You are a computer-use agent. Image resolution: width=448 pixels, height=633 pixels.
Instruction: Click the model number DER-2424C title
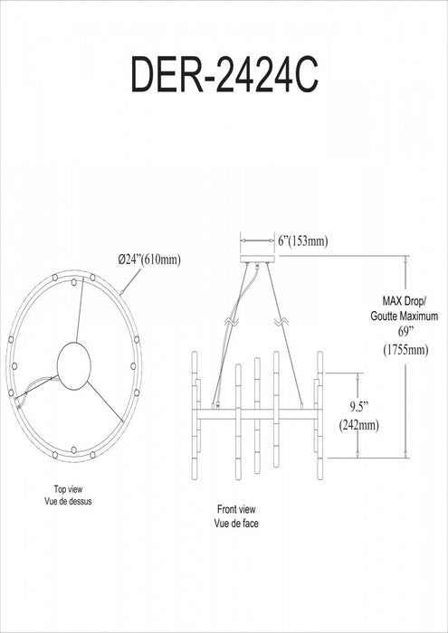point(225,75)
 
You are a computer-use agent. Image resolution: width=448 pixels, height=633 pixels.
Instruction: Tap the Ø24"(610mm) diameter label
point(149,260)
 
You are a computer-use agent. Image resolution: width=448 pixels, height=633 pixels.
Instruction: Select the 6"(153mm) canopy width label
point(303,241)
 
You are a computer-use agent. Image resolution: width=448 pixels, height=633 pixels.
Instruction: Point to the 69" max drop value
point(404,333)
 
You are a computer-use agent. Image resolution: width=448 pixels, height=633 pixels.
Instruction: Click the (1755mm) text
point(405,350)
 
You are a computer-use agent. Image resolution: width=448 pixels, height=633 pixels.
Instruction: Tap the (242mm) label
point(359,425)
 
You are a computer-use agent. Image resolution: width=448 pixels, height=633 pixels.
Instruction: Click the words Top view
point(68,490)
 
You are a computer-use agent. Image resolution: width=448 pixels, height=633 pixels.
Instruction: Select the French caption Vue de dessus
point(68,502)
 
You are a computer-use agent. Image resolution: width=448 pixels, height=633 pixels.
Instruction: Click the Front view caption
point(236,509)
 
